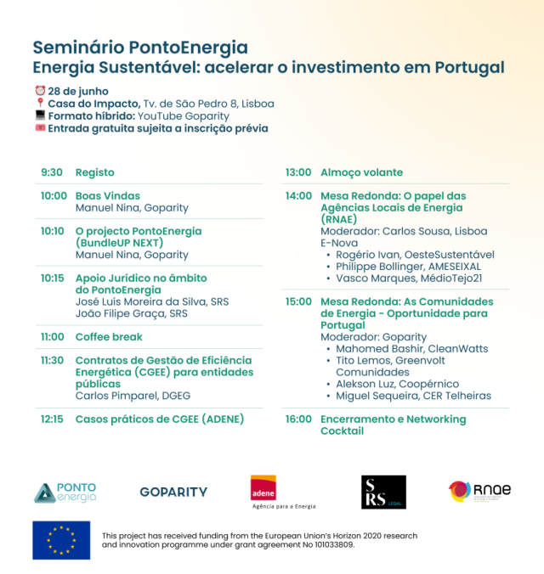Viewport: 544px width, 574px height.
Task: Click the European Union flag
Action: pyautogui.click(x=61, y=540)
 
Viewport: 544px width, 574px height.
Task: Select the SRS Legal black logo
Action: pyautogui.click(x=383, y=492)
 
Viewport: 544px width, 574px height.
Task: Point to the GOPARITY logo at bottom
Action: pyautogui.click(x=173, y=492)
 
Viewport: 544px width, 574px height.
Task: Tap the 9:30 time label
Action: pyautogui.click(x=51, y=172)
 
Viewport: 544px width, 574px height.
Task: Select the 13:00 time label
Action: pyautogui.click(x=297, y=172)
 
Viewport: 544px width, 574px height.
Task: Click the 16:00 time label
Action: pyautogui.click(x=298, y=419)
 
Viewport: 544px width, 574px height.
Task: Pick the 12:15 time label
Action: pyautogui.click(x=53, y=419)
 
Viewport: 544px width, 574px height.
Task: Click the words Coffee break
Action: pyautogui.click(x=109, y=337)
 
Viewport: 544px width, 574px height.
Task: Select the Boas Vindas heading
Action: pyautogui.click(x=107, y=196)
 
